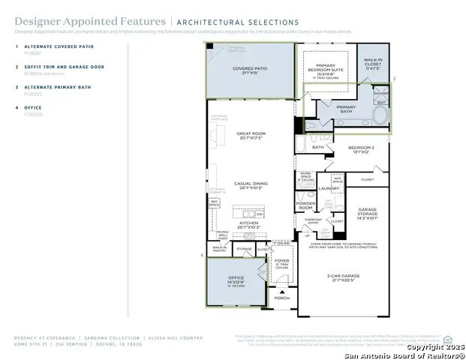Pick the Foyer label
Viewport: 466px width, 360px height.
tap(281, 261)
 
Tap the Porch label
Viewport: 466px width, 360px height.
tap(281, 298)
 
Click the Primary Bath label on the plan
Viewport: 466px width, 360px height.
tap(346, 107)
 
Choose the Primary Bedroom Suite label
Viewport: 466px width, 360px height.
tap(329, 68)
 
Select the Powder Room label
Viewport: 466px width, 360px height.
tap(305, 205)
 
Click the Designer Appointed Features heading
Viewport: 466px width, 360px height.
tap(63, 22)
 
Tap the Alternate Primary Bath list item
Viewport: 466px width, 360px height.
tap(57, 87)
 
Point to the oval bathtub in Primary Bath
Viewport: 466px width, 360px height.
tap(380, 116)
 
